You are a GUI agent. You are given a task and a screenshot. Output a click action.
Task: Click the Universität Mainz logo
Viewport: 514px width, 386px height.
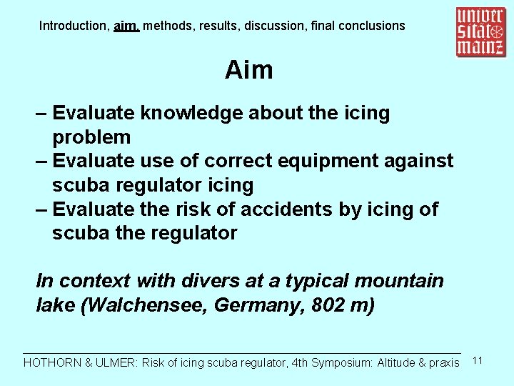480,32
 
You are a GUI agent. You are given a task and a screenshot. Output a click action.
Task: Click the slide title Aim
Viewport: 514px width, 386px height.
248,70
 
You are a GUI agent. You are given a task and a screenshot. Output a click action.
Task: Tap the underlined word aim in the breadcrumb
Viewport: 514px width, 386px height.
125,26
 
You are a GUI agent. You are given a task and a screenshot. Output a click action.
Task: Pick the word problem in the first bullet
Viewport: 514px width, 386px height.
91,137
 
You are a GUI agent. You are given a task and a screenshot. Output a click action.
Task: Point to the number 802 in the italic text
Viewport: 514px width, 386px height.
326,305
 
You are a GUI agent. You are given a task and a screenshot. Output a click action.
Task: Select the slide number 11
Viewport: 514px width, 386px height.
478,360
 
